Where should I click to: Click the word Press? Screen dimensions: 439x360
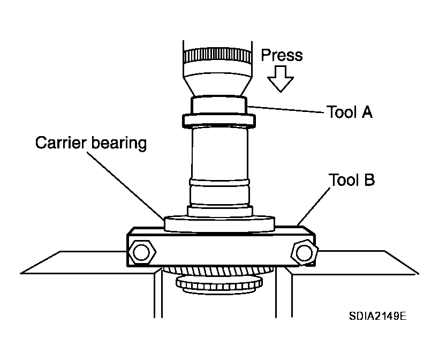(x=282, y=55)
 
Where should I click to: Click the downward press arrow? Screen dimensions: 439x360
(x=280, y=79)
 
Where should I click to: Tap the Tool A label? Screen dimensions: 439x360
(x=350, y=112)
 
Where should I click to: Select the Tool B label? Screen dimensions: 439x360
(x=352, y=180)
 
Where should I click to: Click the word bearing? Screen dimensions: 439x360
(x=119, y=143)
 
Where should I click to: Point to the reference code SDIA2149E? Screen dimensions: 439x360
(x=377, y=316)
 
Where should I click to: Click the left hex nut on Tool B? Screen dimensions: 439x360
(x=141, y=252)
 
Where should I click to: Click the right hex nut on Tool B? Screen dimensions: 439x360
(x=304, y=253)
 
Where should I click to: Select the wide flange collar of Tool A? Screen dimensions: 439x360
(x=218, y=121)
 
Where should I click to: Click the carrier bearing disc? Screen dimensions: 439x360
(x=219, y=224)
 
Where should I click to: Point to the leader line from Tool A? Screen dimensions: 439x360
(x=285, y=109)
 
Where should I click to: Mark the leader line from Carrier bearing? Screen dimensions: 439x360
(x=125, y=185)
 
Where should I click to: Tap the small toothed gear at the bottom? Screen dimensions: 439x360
(x=219, y=283)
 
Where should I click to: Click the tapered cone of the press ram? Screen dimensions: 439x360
(x=217, y=84)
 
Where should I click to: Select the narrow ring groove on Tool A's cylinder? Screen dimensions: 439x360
(x=219, y=182)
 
